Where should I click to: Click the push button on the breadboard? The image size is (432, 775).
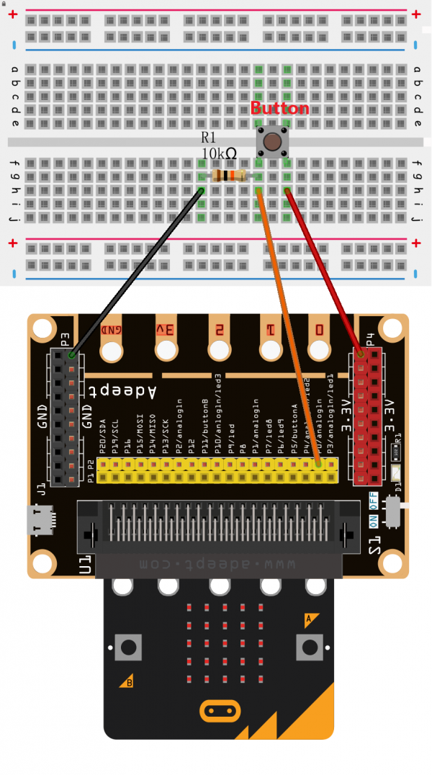271,140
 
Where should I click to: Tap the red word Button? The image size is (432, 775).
279,109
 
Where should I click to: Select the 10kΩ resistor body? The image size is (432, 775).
230,176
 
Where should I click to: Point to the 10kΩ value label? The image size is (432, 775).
219,153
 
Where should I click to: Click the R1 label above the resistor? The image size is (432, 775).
209,137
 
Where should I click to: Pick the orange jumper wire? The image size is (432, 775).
288,324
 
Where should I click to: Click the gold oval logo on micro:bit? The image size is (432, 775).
219,712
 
